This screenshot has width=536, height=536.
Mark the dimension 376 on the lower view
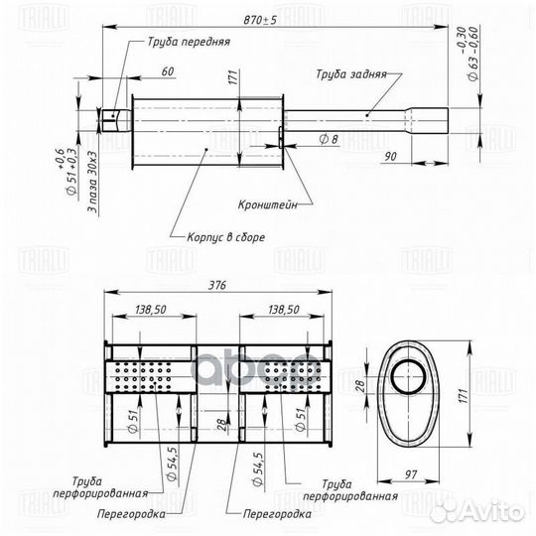pyautogui.click(x=217, y=287)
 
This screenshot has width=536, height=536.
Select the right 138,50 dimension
pyautogui.click(x=285, y=311)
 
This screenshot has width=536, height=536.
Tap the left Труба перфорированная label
pyautogui.click(x=110, y=485)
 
